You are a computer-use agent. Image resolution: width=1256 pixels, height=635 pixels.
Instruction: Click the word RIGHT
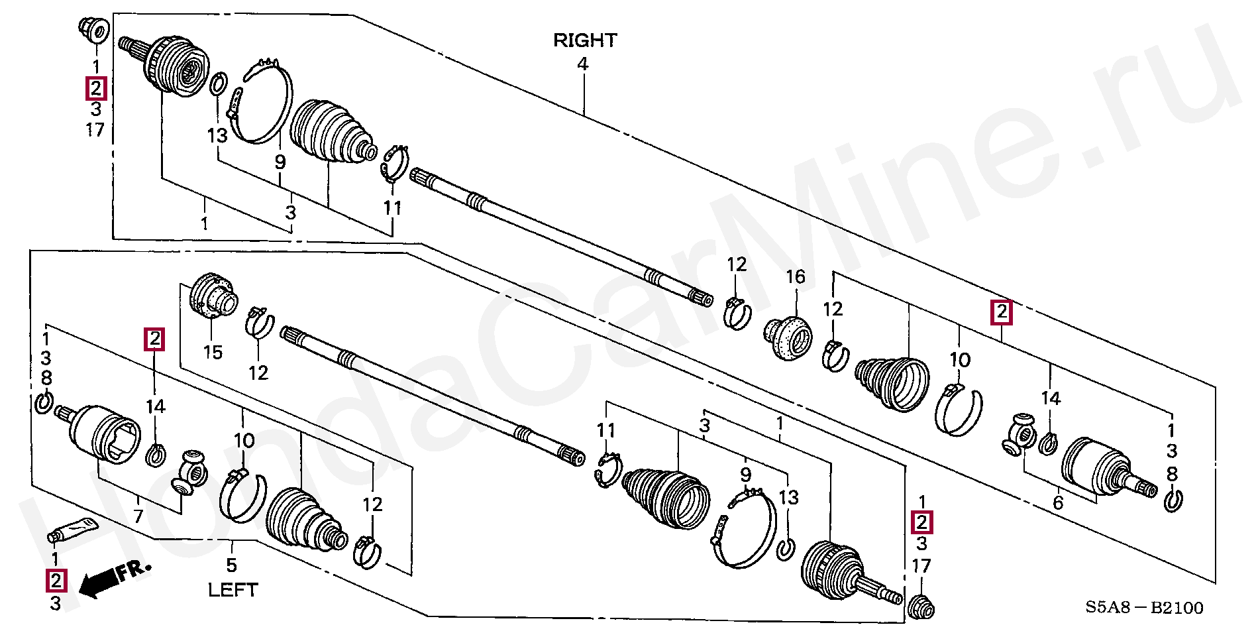point(584,40)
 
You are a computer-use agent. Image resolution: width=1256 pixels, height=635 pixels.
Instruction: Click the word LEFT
point(233,589)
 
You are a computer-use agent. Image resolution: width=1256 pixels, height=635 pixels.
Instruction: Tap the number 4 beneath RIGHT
point(582,64)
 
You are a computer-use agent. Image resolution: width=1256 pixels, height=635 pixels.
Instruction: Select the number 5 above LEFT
point(231,565)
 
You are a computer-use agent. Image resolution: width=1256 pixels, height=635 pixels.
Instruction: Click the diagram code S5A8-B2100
point(1144,608)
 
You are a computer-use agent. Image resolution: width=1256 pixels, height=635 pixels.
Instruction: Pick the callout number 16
point(795,276)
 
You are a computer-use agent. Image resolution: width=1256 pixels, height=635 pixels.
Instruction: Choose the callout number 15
point(213,352)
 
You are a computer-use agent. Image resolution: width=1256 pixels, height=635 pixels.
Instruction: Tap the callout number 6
point(1058,502)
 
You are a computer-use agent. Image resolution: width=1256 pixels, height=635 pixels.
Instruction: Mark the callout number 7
point(138,516)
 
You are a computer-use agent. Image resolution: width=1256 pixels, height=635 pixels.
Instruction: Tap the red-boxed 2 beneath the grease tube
point(56,581)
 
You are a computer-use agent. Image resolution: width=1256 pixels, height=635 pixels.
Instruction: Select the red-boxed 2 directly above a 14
point(154,339)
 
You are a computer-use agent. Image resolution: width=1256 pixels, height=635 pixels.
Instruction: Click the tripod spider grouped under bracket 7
point(190,471)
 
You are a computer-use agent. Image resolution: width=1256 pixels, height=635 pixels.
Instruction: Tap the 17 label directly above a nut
point(921,566)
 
